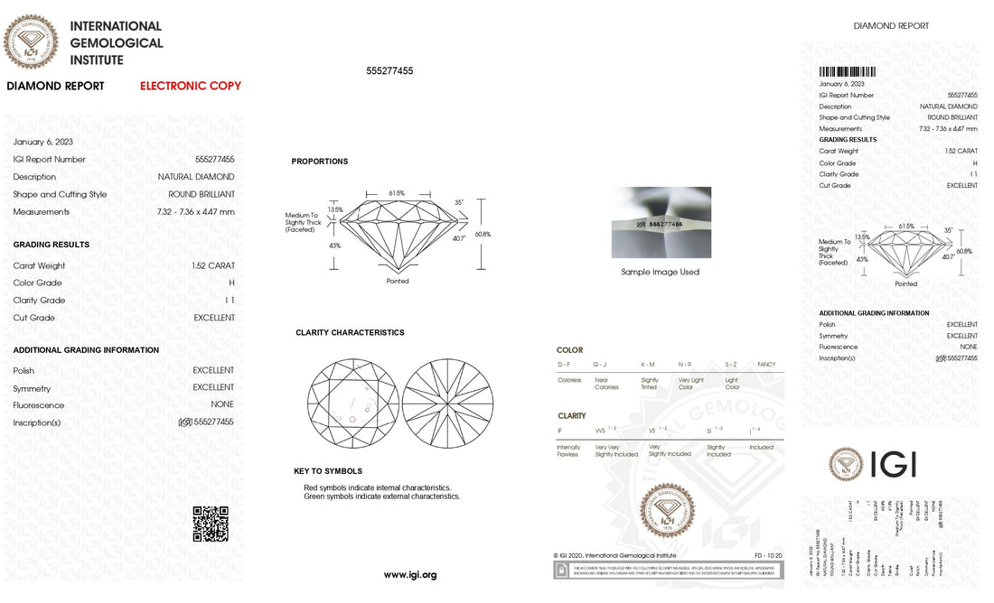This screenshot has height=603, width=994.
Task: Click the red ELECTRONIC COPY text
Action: click(191, 86)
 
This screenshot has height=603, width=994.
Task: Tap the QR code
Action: click(211, 524)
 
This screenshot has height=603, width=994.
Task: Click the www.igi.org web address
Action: click(410, 575)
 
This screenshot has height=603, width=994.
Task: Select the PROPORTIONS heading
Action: click(319, 162)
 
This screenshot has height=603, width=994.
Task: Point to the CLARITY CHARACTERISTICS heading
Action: click(350, 332)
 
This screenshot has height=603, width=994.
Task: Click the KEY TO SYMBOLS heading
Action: click(328, 471)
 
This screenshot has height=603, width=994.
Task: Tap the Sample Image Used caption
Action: click(660, 272)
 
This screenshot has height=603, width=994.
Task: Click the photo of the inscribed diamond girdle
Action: click(661, 222)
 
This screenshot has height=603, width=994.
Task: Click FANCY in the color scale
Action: click(766, 365)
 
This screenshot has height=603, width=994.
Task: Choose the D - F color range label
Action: click(565, 365)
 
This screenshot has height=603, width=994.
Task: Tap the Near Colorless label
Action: click(606, 384)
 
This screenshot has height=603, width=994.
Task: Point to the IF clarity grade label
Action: click(560, 431)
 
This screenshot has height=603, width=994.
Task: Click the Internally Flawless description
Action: click(568, 450)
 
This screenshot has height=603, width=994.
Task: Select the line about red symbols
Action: click(377, 487)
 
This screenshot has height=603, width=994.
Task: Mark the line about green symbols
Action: click(381, 496)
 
